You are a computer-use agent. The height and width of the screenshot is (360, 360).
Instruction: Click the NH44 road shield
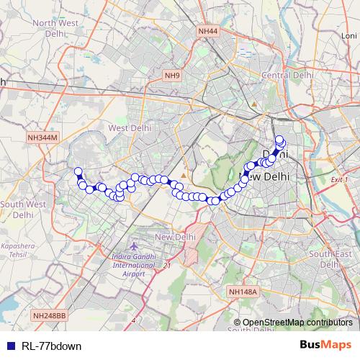point(207,31)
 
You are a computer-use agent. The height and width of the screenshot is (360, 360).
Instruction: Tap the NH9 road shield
point(173,75)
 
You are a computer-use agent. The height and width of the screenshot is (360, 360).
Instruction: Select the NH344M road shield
point(42,137)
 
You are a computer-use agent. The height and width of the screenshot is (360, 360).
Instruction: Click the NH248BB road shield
point(49,315)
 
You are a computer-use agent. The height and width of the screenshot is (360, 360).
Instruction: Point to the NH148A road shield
point(242,292)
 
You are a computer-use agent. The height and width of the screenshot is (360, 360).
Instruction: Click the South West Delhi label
point(22,209)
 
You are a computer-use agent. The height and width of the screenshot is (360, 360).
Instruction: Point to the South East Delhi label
point(330,258)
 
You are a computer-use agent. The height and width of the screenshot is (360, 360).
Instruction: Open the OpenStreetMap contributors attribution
point(297,323)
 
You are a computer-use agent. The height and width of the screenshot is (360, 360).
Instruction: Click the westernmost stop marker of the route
point(78,171)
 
